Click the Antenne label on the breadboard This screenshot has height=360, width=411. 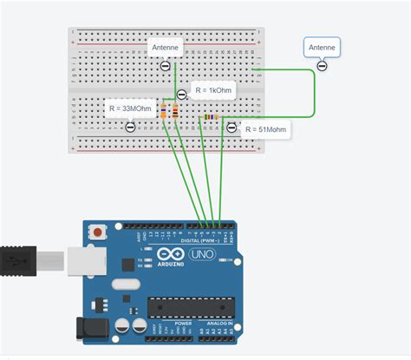click(165, 48)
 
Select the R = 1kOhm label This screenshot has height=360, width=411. click(212, 91)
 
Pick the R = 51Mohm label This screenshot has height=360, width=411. click(265, 130)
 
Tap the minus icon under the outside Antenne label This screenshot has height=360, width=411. click(321, 66)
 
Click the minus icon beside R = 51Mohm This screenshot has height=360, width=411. click(232, 128)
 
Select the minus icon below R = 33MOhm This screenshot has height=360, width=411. click(131, 127)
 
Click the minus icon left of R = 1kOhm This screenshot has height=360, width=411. click(180, 95)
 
